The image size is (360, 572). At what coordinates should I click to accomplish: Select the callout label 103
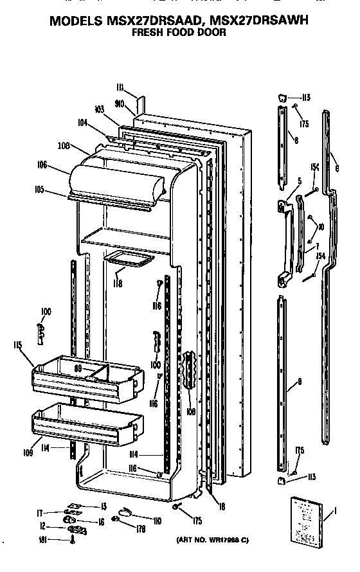tap(98, 110)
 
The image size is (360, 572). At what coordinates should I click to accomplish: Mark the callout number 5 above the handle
tap(299, 181)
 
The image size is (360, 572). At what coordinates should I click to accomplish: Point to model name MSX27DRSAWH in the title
tap(254, 20)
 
